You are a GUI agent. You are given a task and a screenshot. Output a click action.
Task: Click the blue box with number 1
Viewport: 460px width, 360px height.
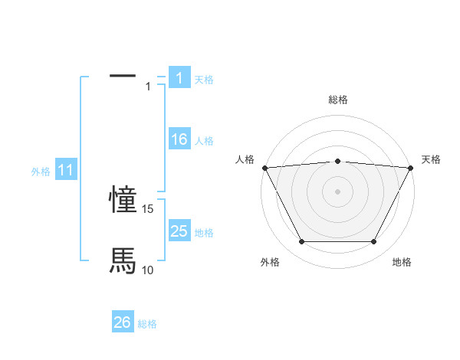point(179,78)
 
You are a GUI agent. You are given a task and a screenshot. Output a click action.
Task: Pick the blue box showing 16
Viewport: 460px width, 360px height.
point(179,139)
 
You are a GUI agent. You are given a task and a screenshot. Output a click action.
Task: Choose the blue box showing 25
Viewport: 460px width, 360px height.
point(179,231)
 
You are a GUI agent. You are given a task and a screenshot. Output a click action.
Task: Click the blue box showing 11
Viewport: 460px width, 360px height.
point(65,171)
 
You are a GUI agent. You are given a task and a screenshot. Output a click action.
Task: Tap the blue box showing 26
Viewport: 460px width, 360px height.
point(123,322)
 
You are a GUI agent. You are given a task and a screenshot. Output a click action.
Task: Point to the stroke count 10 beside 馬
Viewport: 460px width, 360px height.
point(148,270)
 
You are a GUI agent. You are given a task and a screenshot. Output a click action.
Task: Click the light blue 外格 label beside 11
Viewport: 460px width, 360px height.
point(41,172)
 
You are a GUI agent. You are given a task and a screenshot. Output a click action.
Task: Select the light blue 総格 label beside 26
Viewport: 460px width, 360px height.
point(147,324)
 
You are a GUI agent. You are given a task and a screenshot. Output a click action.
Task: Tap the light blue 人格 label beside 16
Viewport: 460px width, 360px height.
point(204,141)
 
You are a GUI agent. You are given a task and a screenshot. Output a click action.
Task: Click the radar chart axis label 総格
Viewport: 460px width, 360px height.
point(337,100)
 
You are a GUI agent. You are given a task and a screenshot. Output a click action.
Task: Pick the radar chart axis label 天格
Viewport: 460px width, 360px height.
point(431,159)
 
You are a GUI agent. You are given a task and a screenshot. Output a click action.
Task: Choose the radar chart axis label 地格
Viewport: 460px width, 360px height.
point(402,262)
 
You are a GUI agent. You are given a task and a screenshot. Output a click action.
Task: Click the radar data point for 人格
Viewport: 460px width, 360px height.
point(264,168)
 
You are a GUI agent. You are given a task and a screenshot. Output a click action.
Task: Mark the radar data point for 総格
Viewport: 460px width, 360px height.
point(337,161)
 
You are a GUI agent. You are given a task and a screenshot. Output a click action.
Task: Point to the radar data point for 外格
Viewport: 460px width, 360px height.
point(301,242)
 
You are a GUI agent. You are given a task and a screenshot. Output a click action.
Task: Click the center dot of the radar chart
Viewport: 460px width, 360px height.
point(337,191)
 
